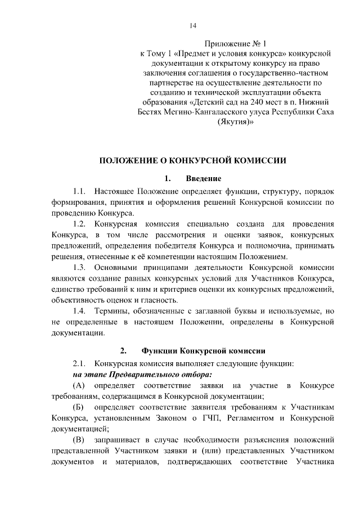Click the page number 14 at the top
[193, 25]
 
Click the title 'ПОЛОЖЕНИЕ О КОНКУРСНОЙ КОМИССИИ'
[193, 160]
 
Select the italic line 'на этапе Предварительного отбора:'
[142, 374]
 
